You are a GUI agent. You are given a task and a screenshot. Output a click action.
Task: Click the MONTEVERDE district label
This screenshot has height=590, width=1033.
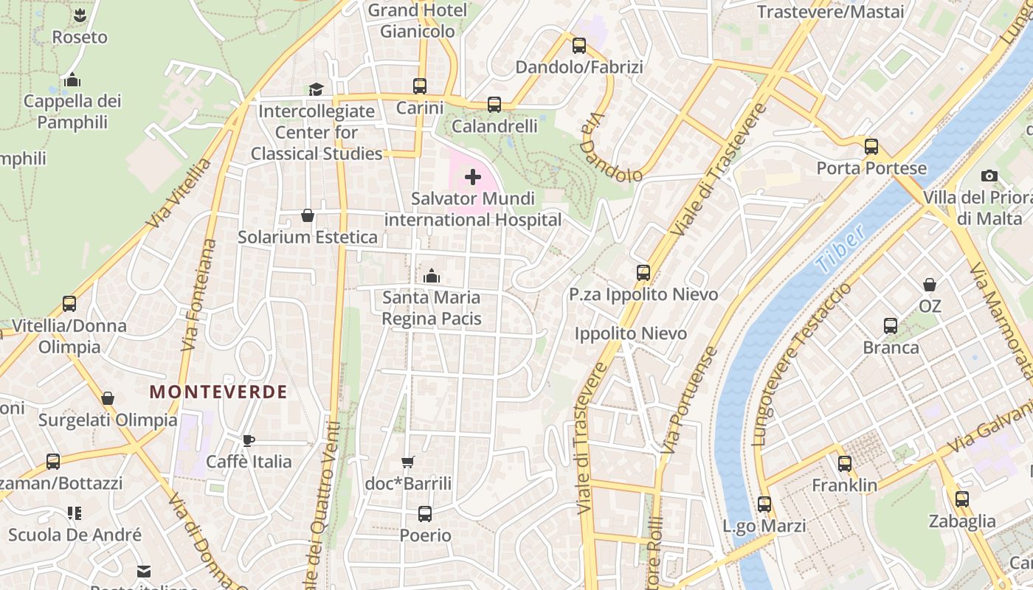coord(218,392)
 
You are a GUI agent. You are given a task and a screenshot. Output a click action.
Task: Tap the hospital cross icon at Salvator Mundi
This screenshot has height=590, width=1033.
coord(473,177)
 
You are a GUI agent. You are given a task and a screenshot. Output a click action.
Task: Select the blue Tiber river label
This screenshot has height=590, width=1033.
coord(840,250)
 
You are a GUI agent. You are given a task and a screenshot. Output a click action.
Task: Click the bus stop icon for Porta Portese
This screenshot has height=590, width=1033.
coord(871,146)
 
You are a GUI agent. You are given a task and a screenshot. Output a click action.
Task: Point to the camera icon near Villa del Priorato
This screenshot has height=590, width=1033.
coord(989,176)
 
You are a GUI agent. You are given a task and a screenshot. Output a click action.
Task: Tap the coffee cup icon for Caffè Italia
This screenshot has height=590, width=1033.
coord(249,440)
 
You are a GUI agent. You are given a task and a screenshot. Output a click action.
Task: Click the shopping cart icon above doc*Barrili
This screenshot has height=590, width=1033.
coord(407,462)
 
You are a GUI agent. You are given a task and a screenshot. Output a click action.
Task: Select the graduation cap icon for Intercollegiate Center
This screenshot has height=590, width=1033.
coord(316,89)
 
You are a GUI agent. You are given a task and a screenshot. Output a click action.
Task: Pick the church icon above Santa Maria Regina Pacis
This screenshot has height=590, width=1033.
coord(432,276)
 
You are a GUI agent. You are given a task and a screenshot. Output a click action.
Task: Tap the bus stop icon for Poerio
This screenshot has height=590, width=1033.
coord(425,514)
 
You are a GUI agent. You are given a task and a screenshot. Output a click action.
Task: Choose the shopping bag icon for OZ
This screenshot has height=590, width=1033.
coord(930,284)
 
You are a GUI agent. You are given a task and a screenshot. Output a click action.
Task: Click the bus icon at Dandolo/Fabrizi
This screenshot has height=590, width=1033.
coord(579,46)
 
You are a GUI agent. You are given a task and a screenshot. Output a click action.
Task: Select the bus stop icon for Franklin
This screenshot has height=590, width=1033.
coord(845,464)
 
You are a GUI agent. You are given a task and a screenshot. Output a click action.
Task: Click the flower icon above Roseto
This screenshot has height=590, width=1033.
coord(80,15)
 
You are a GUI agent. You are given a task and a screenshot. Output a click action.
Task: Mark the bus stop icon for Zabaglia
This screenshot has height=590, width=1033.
coord(962,499)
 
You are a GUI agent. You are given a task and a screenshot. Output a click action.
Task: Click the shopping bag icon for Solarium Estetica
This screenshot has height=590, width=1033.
coord(308,215)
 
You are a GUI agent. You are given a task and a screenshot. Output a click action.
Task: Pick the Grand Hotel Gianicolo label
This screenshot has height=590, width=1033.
coord(418,21)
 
